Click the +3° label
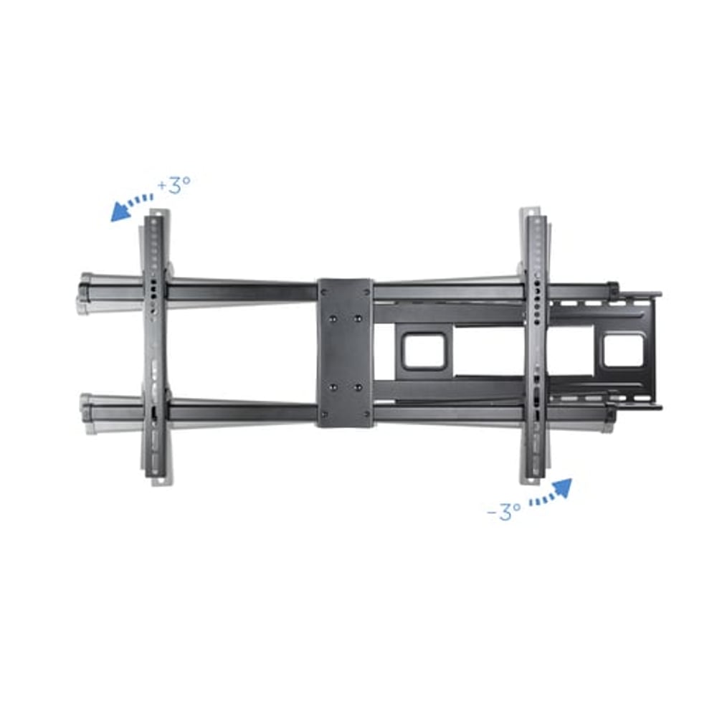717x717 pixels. pos(175,184)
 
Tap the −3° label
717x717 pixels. pos(503,511)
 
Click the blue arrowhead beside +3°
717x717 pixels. pos(120,213)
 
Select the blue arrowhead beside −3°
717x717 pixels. pos(561,488)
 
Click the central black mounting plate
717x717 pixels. pos(345,353)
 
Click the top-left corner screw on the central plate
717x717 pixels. pos(326,293)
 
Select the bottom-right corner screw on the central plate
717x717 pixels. pos(365,413)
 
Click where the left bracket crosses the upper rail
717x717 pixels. pos(156,290)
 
